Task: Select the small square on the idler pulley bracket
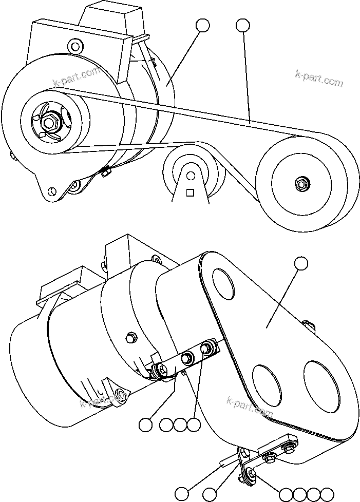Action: pos(190,192)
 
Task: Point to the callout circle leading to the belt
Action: pos(243,25)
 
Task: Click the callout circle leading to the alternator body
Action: pos(202,25)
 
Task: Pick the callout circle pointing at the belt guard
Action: pos(301,264)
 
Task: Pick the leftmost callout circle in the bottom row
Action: pos(181,494)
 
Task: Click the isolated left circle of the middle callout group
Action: pos(146,424)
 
